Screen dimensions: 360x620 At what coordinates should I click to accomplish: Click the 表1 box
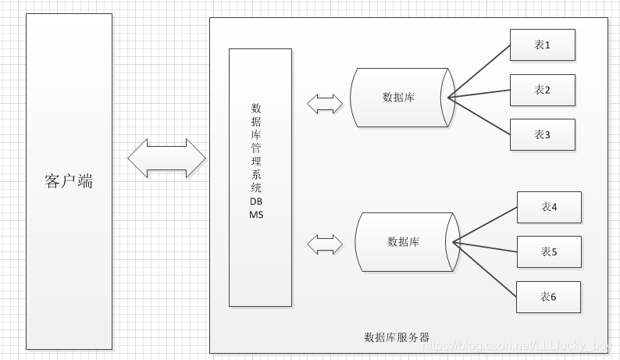(x=542, y=45)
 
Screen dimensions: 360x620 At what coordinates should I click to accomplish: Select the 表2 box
(x=542, y=90)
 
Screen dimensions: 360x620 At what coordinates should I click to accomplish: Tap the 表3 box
(x=542, y=134)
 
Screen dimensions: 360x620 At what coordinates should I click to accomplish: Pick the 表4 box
(x=549, y=207)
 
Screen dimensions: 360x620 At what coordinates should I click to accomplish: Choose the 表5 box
(x=549, y=251)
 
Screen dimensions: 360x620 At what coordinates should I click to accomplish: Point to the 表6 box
(x=549, y=297)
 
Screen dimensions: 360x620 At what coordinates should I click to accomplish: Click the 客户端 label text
(x=69, y=182)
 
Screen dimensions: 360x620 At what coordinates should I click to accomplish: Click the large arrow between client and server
(x=166, y=158)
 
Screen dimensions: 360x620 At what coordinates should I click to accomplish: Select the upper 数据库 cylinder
(x=400, y=98)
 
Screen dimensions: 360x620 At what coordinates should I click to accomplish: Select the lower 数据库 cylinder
(x=404, y=242)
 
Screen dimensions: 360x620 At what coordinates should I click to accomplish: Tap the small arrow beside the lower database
(x=325, y=244)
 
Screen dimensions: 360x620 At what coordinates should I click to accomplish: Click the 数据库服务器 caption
(x=397, y=337)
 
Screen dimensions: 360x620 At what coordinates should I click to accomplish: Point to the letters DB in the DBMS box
(x=256, y=201)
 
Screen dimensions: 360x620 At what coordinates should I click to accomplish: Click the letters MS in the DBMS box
(x=256, y=214)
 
